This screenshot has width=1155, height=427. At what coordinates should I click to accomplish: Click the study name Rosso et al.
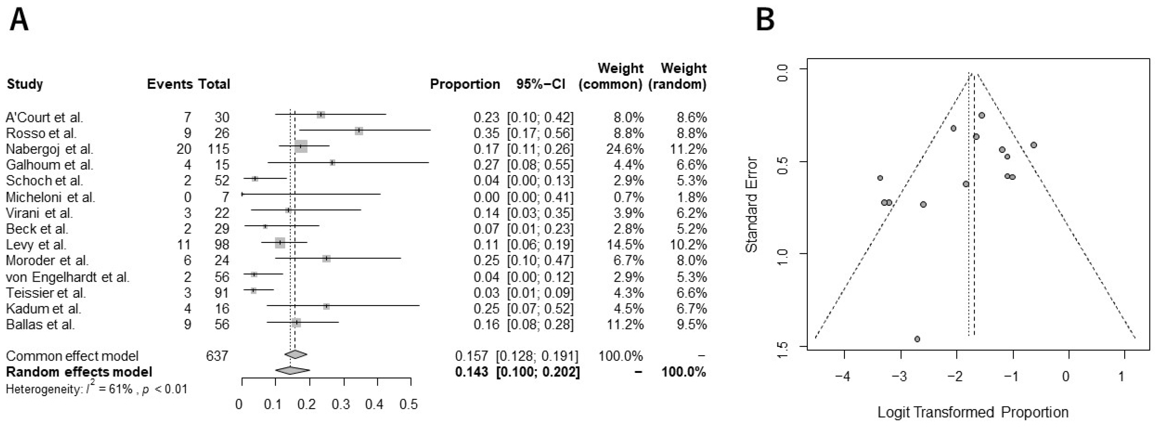41,133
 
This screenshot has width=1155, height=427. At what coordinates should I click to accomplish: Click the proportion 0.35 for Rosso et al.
486,133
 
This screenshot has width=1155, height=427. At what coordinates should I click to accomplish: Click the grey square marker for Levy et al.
280,243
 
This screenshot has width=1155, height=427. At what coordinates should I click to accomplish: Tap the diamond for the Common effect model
296,354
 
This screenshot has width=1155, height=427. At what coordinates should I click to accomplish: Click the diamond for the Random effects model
292,371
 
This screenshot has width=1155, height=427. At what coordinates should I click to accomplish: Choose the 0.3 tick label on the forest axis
341,405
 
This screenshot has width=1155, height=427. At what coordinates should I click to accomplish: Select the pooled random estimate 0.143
471,372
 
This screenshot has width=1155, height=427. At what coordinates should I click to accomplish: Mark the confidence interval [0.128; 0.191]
537,356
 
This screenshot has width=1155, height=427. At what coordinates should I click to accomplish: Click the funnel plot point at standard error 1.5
917,339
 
